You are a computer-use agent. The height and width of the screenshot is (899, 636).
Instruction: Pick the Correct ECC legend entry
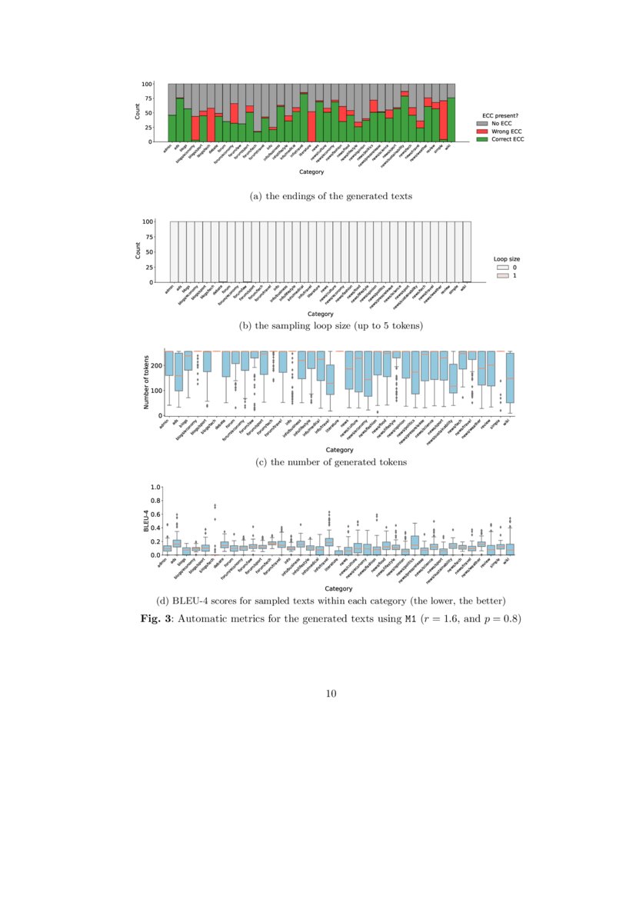pyautogui.click(x=500, y=138)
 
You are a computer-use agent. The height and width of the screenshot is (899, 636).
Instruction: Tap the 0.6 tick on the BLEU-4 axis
pyautogui.click(x=155, y=514)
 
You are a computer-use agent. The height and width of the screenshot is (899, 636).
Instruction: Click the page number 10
pyautogui.click(x=331, y=694)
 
